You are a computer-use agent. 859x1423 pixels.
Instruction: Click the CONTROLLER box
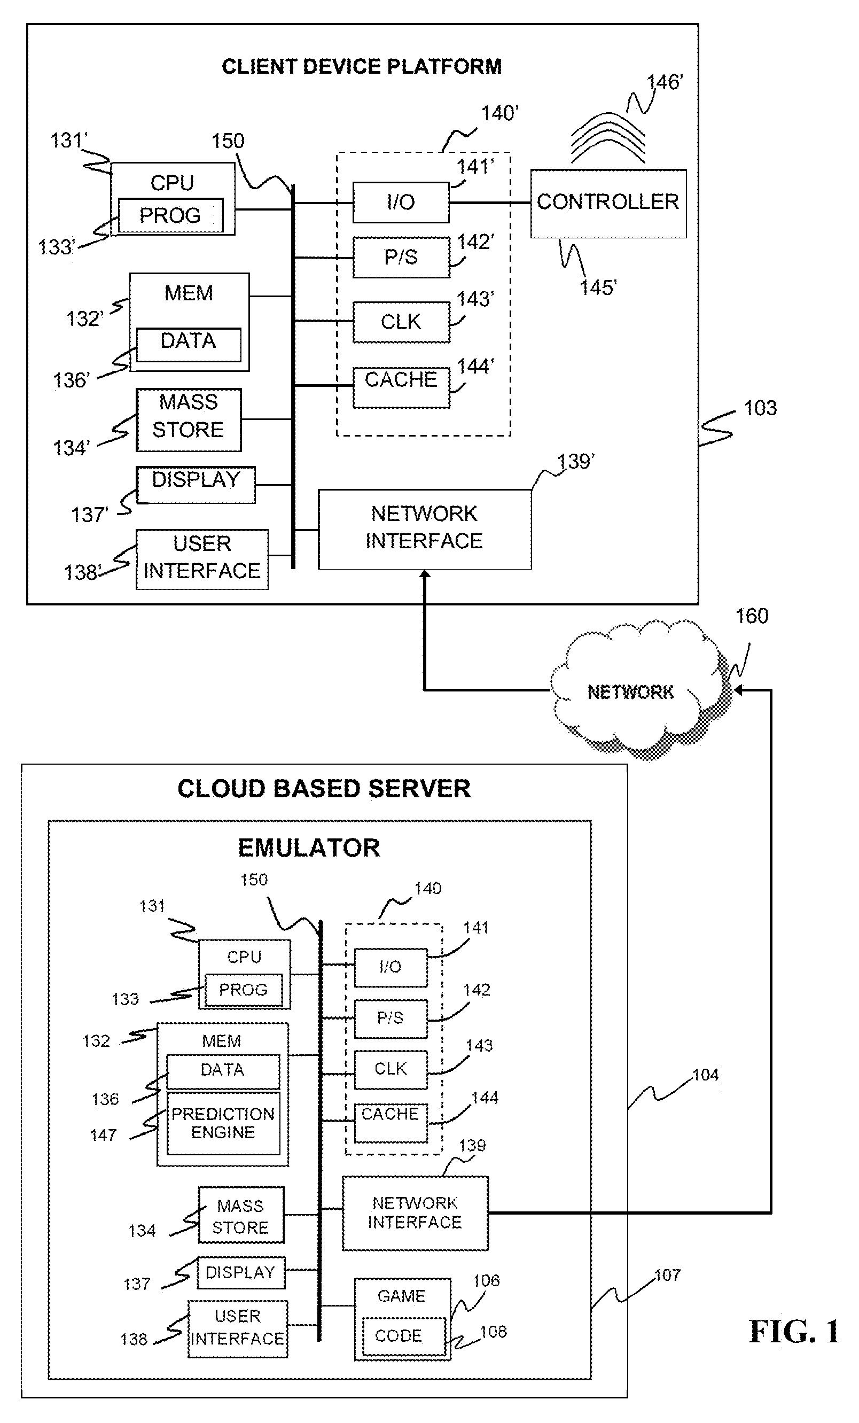click(x=608, y=203)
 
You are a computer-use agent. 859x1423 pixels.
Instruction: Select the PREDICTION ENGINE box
click(x=223, y=1123)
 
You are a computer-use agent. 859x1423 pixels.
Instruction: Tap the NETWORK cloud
click(x=630, y=691)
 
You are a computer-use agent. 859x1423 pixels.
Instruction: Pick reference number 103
click(x=760, y=408)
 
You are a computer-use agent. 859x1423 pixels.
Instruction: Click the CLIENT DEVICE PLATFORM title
click(x=361, y=67)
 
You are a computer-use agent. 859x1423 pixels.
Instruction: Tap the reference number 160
click(x=752, y=616)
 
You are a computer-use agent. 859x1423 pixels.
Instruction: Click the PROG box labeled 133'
click(x=170, y=215)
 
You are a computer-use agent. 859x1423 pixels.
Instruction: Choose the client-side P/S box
click(x=401, y=257)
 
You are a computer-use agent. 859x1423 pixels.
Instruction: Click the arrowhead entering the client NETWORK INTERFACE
click(x=425, y=574)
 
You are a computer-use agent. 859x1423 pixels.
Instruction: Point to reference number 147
click(x=103, y=1136)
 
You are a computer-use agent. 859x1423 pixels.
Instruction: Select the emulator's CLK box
click(x=391, y=1069)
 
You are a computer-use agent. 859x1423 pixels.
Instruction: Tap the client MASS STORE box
click(x=188, y=419)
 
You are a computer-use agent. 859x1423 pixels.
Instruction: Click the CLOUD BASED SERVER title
click(x=324, y=789)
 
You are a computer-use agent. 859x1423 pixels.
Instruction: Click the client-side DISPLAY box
click(x=196, y=484)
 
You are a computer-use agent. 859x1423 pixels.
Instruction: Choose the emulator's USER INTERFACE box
click(x=237, y=1328)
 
